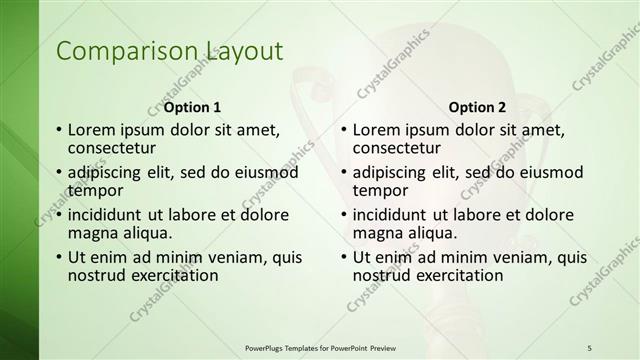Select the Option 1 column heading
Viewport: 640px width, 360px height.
pos(192,107)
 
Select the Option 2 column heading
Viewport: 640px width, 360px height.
pos(477,107)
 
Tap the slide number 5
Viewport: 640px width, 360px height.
pos(589,347)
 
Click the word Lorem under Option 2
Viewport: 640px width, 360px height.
pos(377,130)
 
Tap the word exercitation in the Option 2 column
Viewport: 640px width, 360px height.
pos(455,275)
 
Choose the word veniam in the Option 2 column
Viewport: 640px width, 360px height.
pos(524,258)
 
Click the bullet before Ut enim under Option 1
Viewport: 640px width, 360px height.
pos(58,258)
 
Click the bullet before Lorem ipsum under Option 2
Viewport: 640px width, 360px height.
pos(343,130)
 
